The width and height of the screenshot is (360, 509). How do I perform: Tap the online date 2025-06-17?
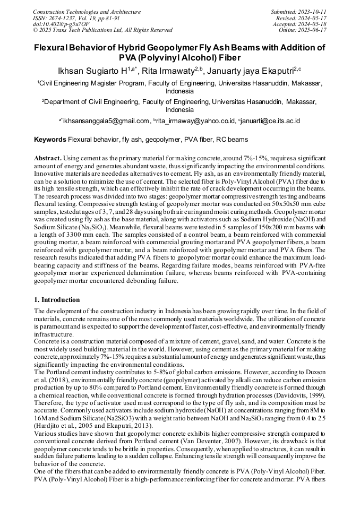click(x=313, y=30)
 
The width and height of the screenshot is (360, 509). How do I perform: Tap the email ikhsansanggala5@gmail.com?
click(x=106, y=121)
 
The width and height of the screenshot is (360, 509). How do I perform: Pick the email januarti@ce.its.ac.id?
click(x=270, y=121)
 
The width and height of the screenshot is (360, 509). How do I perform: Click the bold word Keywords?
click(x=50, y=140)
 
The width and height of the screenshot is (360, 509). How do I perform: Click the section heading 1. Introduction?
click(x=57, y=300)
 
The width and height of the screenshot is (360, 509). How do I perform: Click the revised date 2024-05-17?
click(x=313, y=18)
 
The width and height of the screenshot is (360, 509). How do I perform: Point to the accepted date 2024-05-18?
click(x=313, y=24)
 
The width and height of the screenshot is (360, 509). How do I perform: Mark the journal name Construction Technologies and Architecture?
click(x=87, y=12)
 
